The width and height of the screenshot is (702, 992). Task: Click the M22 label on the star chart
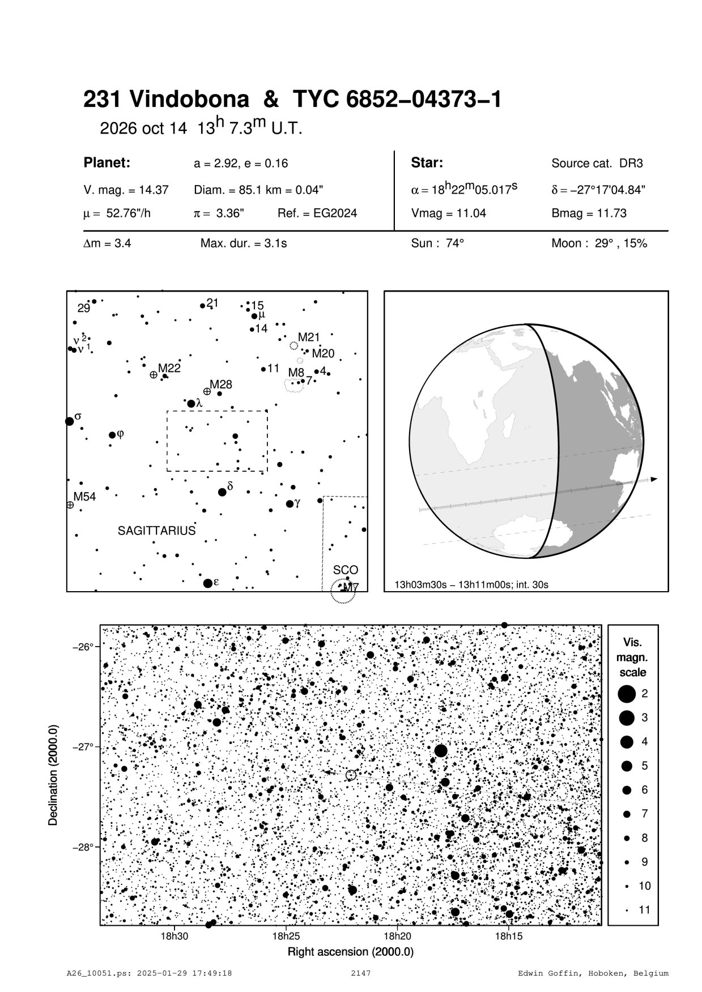click(169, 368)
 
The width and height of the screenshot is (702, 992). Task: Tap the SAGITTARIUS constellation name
click(156, 531)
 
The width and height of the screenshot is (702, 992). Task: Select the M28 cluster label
click(221, 384)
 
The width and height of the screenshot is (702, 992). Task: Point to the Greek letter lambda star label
click(199, 403)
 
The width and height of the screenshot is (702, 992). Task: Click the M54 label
click(85, 497)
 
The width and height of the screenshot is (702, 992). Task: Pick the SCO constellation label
click(346, 570)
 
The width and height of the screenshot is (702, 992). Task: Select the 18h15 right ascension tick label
click(509, 936)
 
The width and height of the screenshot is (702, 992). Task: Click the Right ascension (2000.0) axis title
click(351, 952)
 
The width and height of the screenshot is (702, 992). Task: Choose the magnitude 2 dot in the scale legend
click(626, 694)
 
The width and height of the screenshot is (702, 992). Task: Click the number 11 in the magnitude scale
click(645, 910)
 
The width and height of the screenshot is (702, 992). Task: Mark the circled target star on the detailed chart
click(351, 775)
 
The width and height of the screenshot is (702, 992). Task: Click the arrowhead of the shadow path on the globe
click(654, 479)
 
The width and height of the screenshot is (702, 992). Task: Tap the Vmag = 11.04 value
click(448, 213)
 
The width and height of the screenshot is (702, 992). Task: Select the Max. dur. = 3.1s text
click(244, 243)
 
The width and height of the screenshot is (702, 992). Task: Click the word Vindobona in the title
click(189, 100)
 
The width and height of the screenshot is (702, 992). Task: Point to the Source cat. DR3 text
click(597, 164)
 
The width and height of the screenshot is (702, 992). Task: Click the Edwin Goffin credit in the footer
click(593, 974)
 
